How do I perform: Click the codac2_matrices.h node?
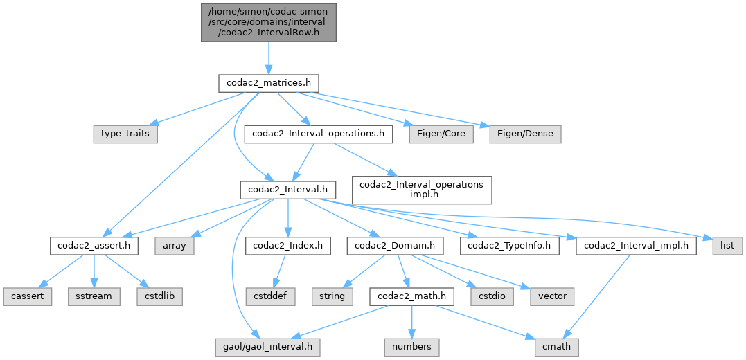268,83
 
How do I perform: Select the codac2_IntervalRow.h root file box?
269,21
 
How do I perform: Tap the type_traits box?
125,134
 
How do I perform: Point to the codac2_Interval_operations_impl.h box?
422,189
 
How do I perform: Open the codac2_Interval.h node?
287,189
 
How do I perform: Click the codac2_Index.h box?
287,245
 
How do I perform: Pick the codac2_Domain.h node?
396,245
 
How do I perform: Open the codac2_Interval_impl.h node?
636,245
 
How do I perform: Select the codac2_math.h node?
411,296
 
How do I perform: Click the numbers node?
411,346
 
